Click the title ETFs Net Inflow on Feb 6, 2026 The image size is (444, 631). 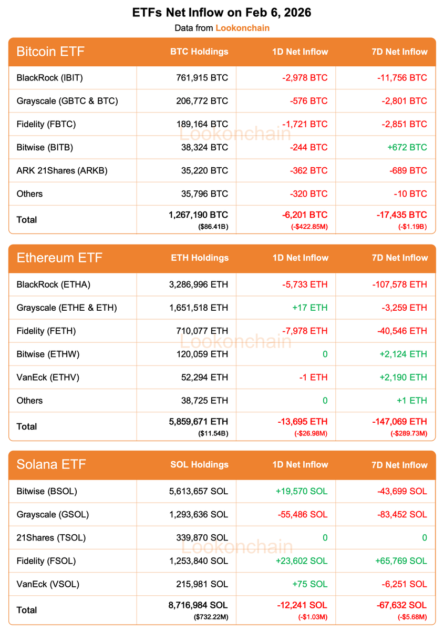[222, 13]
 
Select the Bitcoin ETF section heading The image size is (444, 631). [50, 52]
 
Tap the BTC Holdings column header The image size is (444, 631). [199, 52]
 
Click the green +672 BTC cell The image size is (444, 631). [404, 147]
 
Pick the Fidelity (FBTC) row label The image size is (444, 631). [46, 124]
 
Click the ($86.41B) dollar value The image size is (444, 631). [213, 226]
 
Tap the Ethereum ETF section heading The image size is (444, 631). [59, 258]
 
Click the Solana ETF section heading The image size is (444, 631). [51, 464]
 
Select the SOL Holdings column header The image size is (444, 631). [199, 464]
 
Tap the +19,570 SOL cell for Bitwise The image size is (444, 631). [301, 491]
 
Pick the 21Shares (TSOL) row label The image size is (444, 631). [51, 537]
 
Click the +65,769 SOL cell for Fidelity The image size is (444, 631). [401, 561]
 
